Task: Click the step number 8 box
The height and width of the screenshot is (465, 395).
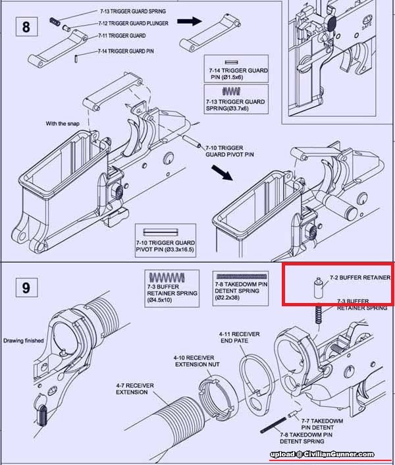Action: coord(26,27)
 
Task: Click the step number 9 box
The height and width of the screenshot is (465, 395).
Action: coord(26,288)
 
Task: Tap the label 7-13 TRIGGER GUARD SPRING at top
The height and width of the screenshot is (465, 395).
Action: coord(132,12)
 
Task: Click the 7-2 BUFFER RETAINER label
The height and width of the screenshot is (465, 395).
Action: coord(359,278)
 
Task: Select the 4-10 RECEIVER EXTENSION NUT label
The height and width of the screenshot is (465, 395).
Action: coord(197,361)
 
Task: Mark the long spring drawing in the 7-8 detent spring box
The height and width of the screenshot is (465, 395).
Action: coord(242,276)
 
